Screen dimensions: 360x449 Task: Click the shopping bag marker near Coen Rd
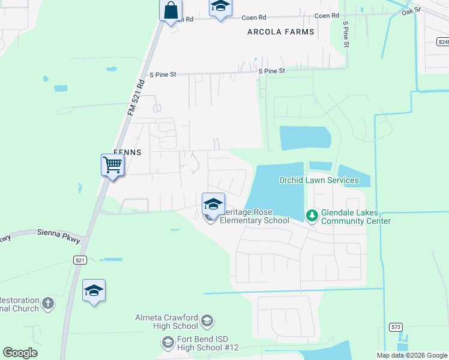tap(171, 10)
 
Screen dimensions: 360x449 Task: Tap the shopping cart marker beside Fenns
tap(112, 164)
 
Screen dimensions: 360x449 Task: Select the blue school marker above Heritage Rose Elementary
tap(213, 204)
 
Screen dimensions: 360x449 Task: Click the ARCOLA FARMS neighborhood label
tap(281, 32)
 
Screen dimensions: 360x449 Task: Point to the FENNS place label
tap(127, 152)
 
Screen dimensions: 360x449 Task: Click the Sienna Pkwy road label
tap(58, 232)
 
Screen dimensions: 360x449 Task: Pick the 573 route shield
tap(396, 327)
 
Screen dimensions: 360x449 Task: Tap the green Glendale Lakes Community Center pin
tap(312, 215)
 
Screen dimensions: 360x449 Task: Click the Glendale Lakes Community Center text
tap(356, 217)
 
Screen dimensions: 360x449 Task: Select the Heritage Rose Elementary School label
tap(255, 216)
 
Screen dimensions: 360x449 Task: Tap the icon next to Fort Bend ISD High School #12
tap(168, 343)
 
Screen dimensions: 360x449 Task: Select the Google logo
tap(20, 353)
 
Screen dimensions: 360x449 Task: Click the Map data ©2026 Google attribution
tap(412, 355)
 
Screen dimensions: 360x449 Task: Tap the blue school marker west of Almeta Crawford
tap(94, 291)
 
